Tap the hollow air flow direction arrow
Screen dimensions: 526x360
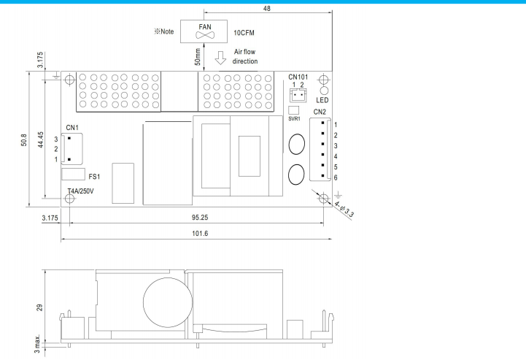[x=220, y=58]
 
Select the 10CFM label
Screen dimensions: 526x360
[x=244, y=33]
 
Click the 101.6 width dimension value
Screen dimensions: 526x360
[x=200, y=234]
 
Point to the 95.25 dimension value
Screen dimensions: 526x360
[x=200, y=218]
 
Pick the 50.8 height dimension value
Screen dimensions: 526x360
[x=24, y=139]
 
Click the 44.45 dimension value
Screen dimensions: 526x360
[x=41, y=139]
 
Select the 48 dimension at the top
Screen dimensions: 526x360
[x=267, y=8]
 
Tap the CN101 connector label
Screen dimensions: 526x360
[x=298, y=77]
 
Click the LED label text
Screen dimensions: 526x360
[x=322, y=100]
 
